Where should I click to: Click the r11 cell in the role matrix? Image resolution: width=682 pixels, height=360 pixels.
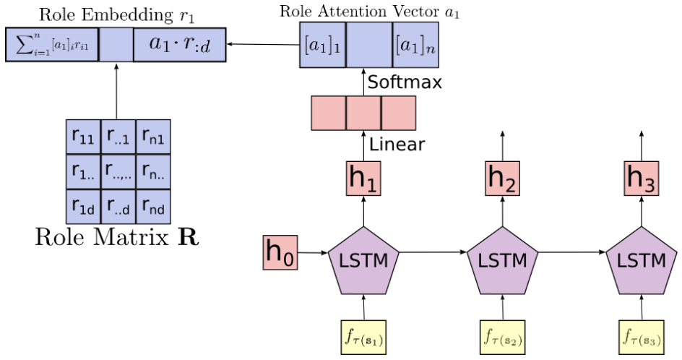[x=83, y=137]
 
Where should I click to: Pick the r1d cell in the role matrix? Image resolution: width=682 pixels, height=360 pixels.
[x=83, y=207]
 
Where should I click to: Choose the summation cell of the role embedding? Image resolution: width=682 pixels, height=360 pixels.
[x=51, y=45]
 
